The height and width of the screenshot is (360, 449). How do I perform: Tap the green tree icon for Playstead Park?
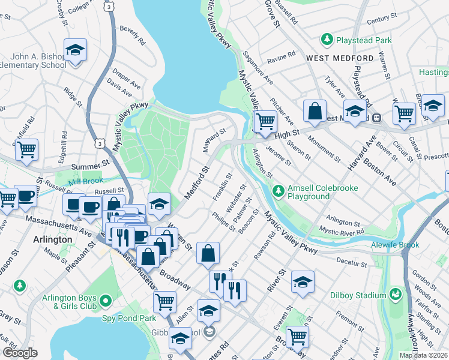(327, 40)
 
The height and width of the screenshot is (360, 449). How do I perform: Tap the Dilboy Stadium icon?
(396, 294)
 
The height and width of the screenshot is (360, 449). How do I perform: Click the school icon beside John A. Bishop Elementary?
(76, 50)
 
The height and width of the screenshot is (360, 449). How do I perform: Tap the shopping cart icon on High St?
(265, 122)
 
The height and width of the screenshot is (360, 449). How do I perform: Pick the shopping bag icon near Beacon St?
(208, 253)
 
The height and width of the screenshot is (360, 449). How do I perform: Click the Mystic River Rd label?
(342, 230)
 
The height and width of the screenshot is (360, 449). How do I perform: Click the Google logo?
(20, 353)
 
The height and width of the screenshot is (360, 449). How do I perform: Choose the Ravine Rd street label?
(282, 55)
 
